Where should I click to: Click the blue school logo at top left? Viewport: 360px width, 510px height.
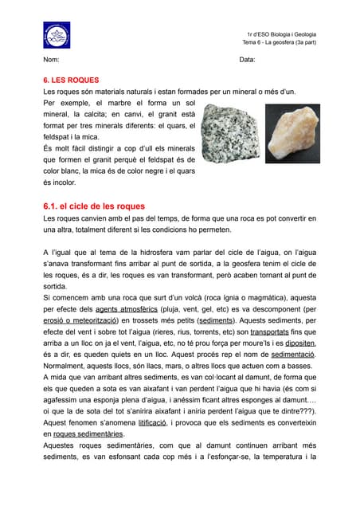point(57,35)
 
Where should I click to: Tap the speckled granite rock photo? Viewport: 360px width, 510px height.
point(229,131)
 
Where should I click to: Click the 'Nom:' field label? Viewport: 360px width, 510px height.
point(51,61)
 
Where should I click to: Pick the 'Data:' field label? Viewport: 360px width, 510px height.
point(247,61)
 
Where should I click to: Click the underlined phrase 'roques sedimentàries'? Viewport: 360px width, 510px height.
point(88,434)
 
